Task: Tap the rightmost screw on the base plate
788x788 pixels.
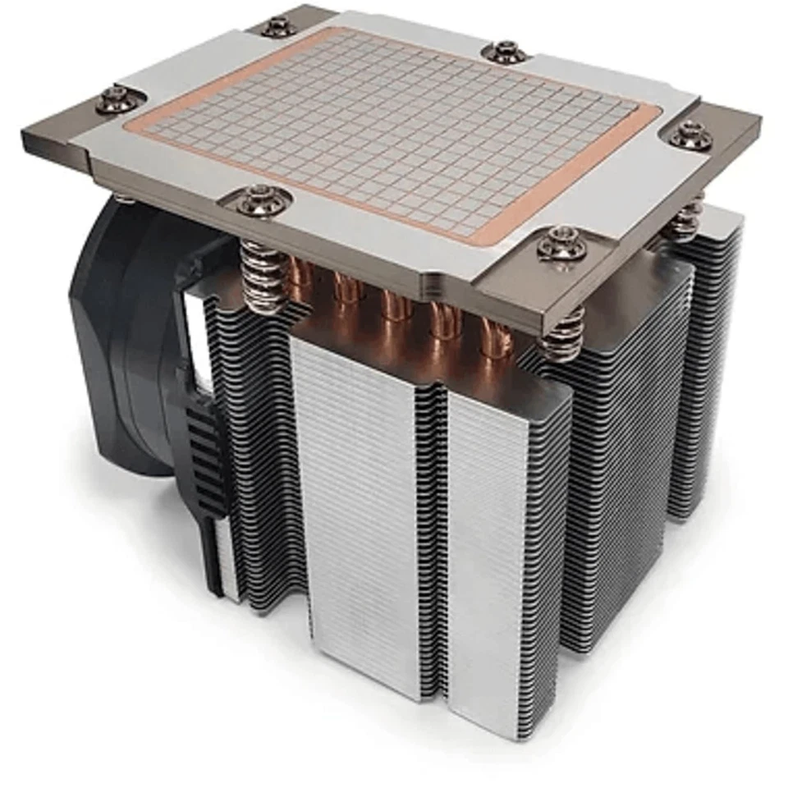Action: click(692, 135)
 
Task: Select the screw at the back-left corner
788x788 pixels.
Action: click(279, 26)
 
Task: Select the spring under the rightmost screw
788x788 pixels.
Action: click(686, 218)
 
